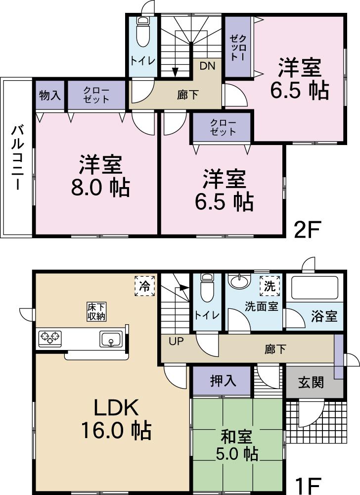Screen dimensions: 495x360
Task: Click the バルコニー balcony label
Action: [x=17, y=157]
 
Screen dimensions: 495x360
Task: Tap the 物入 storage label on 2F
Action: [x=50, y=96]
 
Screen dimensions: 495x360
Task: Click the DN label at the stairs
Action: [x=207, y=66]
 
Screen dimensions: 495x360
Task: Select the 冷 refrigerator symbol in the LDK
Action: [x=145, y=286]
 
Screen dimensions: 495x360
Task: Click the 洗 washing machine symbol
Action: [x=269, y=286]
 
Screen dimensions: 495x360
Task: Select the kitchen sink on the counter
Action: [x=111, y=340]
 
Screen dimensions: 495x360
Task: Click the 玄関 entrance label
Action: [x=311, y=382]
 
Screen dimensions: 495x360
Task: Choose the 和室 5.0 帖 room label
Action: [x=238, y=445]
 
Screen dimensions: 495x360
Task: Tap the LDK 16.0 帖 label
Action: [x=116, y=419]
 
